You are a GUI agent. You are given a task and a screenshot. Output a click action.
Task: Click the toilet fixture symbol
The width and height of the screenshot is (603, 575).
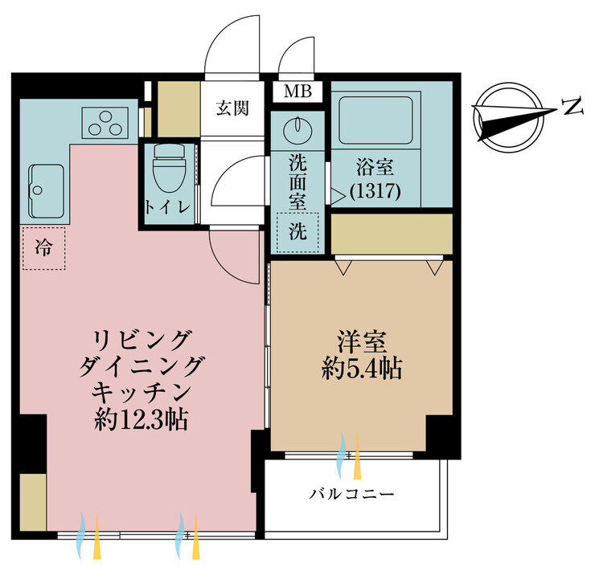pyautogui.click(x=169, y=169)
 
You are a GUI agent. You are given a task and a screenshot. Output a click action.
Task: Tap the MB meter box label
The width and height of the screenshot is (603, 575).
pyautogui.click(x=297, y=92)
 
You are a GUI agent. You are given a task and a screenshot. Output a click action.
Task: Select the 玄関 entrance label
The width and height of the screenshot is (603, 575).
pyautogui.click(x=232, y=108)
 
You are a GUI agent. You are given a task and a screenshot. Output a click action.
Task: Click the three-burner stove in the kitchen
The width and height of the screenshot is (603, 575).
pyautogui.click(x=105, y=123)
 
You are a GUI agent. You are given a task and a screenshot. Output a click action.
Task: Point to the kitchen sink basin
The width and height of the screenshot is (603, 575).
pyautogui.click(x=46, y=191)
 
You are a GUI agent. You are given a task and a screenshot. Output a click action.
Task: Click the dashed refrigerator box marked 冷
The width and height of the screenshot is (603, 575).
pyautogui.click(x=43, y=247)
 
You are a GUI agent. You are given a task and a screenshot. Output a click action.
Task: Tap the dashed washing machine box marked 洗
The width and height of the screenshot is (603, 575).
pyautogui.click(x=297, y=232)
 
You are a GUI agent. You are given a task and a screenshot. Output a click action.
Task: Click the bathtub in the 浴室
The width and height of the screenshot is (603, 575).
pyautogui.click(x=375, y=120)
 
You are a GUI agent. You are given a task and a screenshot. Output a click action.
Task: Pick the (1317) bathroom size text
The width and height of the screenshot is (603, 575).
pyautogui.click(x=375, y=191)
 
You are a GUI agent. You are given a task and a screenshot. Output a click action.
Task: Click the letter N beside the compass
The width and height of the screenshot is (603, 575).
pyautogui.click(x=572, y=106)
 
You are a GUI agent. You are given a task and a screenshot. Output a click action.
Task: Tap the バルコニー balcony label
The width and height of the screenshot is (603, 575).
pyautogui.click(x=352, y=494)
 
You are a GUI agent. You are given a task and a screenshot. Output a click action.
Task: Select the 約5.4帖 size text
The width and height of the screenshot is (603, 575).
pyautogui.click(x=362, y=369)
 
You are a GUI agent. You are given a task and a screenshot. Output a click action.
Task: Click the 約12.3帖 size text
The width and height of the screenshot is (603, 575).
pyautogui.click(x=142, y=420)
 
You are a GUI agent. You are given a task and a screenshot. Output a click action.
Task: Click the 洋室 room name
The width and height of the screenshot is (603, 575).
pyautogui.click(x=362, y=342)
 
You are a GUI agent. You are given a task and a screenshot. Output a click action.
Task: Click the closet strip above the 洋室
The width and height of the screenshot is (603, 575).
pyautogui.click(x=392, y=234)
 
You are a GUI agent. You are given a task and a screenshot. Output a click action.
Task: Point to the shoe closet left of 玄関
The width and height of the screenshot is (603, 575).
pyautogui.click(x=178, y=109)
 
